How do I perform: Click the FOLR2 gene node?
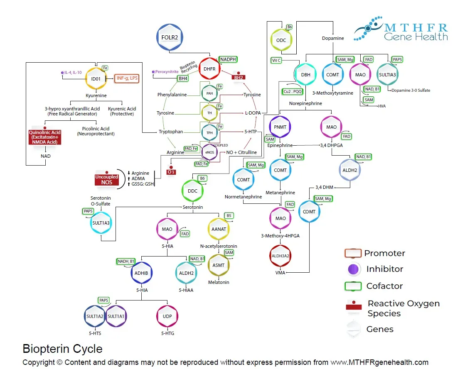pyautogui.click(x=170, y=38)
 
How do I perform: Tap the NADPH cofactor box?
pyautogui.click(x=228, y=59)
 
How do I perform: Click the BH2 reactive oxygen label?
pyautogui.click(x=239, y=77)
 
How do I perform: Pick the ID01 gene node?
pyautogui.click(x=96, y=78)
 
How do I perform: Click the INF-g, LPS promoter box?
pyautogui.click(x=126, y=78)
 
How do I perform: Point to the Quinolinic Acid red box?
pyautogui.click(x=44, y=137)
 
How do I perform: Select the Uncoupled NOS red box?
pyautogui.click(x=107, y=179)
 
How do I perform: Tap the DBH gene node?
pyautogui.click(x=305, y=75)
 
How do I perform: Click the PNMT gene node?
pyautogui.click(x=280, y=127)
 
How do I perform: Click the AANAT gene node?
pyautogui.click(x=219, y=229)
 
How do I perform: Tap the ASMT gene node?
pyautogui.click(x=219, y=265)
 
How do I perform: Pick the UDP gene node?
pyautogui.click(x=167, y=316)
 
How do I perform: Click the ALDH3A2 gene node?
pyautogui.click(x=280, y=256)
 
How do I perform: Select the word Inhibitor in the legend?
pyautogui.click(x=384, y=269)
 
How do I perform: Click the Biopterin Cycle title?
pyautogui.click(x=62, y=348)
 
